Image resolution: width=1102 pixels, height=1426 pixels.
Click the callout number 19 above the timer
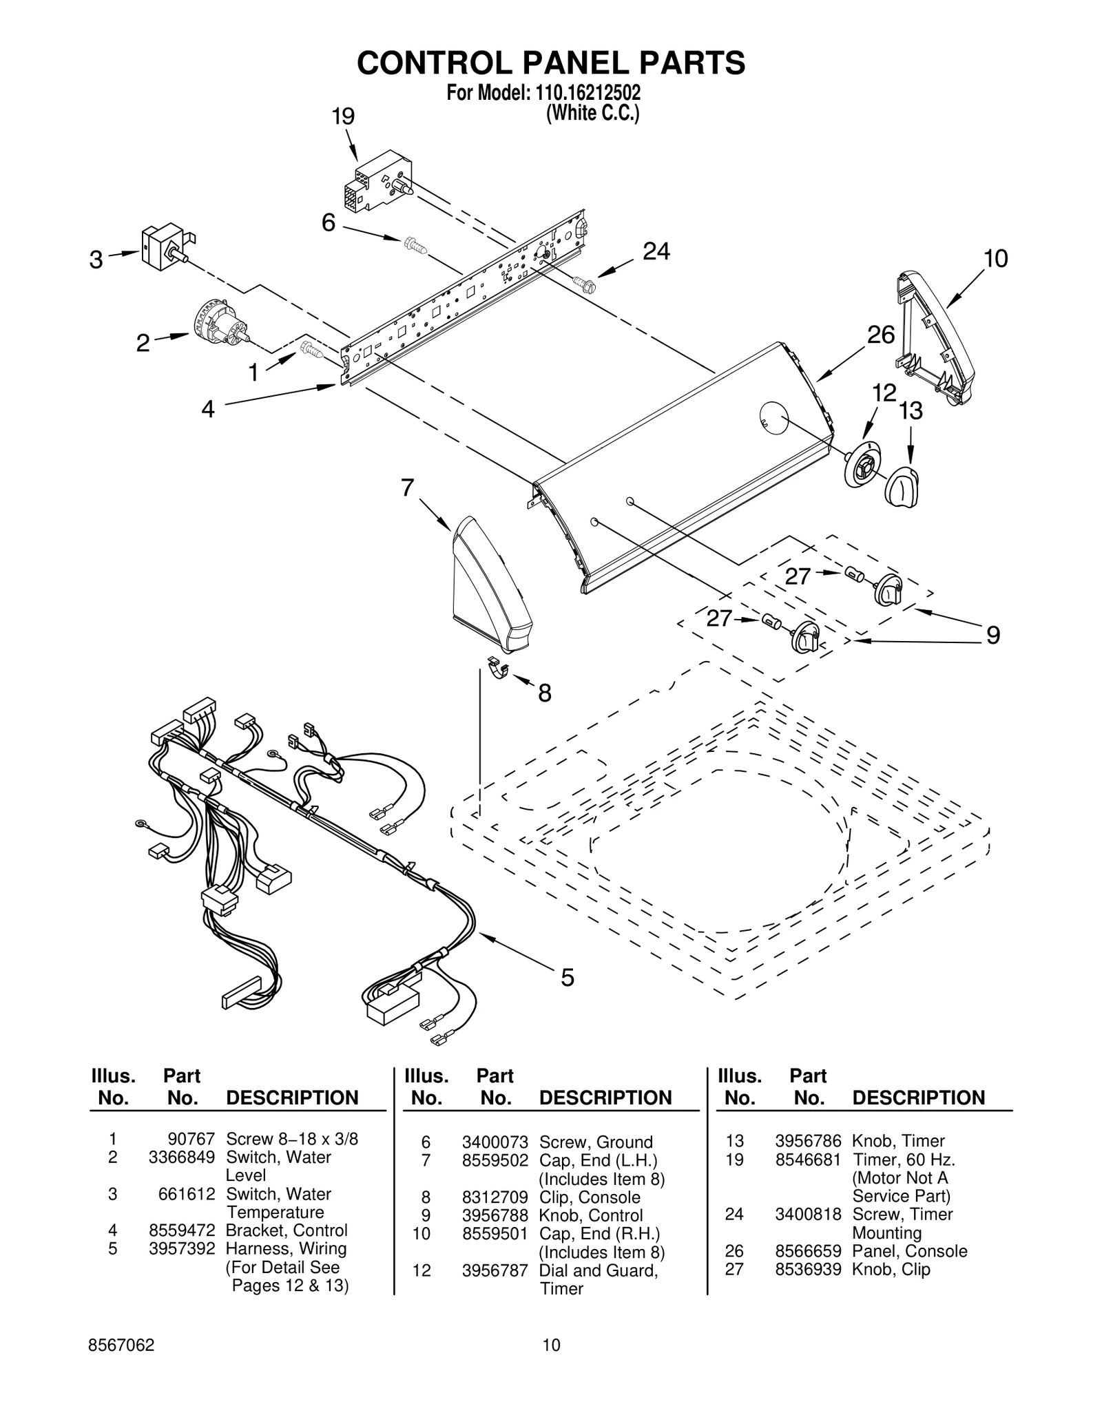click(343, 116)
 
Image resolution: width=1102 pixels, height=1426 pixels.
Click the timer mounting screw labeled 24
click(583, 282)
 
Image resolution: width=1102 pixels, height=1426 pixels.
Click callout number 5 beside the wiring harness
click(567, 977)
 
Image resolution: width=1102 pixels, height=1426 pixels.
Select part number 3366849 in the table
click(182, 1157)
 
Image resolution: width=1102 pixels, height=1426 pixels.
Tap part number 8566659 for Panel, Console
click(808, 1251)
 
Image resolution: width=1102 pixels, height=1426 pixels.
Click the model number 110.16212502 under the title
click(582, 93)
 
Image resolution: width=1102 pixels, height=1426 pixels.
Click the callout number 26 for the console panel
click(880, 335)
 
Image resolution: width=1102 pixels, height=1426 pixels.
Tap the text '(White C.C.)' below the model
click(592, 113)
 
